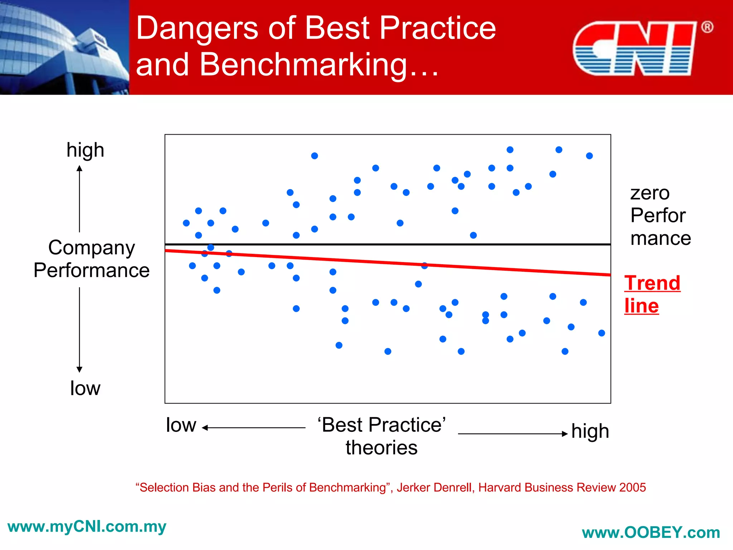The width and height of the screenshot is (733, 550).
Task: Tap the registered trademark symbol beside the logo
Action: (707, 27)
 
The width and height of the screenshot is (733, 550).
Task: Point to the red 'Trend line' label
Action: (651, 294)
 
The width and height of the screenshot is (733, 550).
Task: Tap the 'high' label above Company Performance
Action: (85, 150)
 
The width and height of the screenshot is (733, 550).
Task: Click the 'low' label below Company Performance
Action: (85, 388)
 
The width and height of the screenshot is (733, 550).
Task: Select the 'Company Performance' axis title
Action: (92, 259)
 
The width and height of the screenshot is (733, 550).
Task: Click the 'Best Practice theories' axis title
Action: (382, 436)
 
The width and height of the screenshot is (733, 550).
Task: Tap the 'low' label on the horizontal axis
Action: (181, 425)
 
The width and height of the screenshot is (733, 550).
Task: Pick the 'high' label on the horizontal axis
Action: (590, 431)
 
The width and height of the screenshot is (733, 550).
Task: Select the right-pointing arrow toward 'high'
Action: (513, 434)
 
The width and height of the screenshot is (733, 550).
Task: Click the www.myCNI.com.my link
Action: (87, 526)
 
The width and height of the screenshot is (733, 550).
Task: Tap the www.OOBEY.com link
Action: (651, 532)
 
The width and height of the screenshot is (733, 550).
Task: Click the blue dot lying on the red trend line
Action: (424, 265)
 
